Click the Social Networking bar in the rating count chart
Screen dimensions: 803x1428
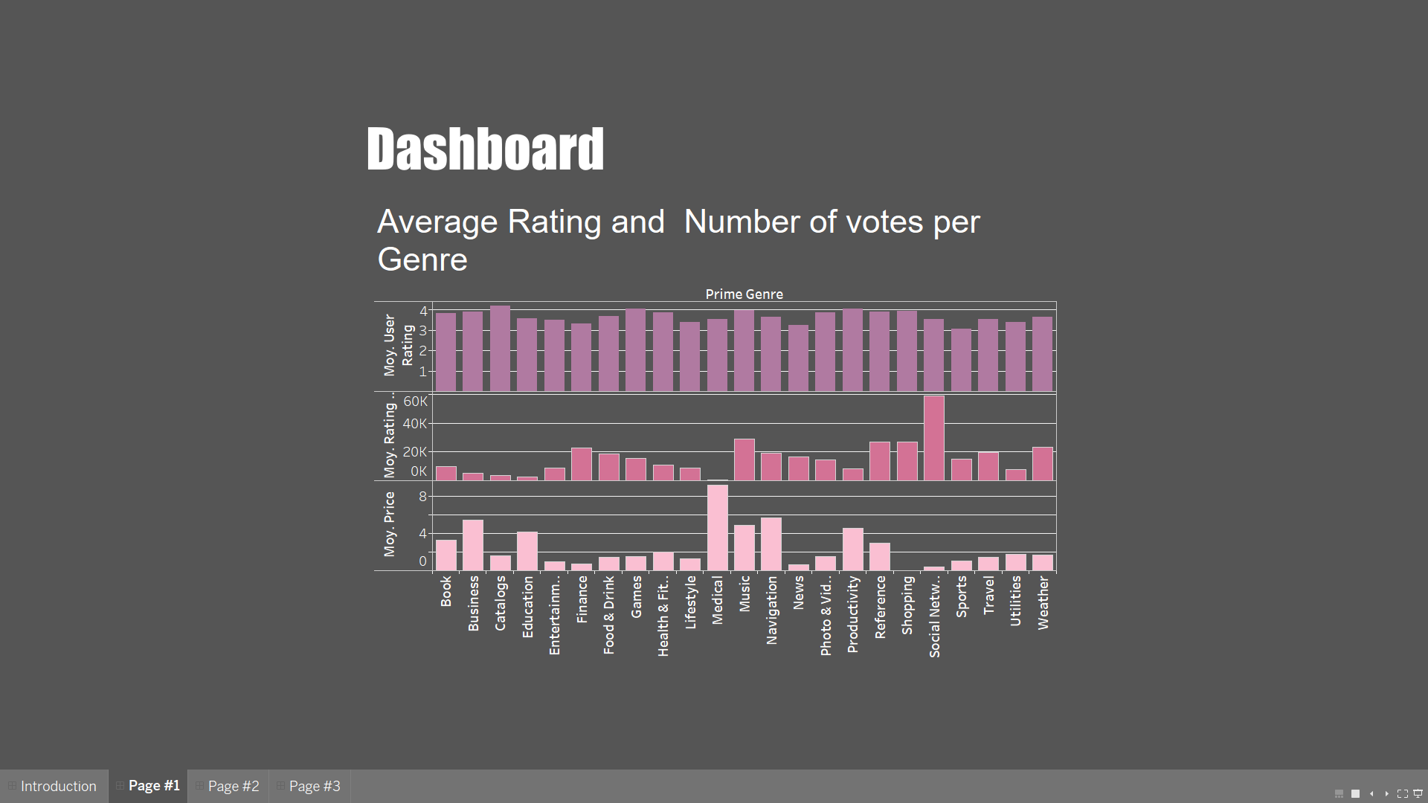point(933,438)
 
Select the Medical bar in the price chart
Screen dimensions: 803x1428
point(717,527)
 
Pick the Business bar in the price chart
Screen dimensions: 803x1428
point(473,545)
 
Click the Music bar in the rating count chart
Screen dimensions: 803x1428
point(744,459)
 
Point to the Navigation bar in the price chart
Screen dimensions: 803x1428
point(771,544)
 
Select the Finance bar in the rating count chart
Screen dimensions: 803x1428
point(582,464)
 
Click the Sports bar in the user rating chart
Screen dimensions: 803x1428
point(961,360)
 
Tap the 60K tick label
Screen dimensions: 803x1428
point(415,401)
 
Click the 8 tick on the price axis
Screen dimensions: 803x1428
point(422,496)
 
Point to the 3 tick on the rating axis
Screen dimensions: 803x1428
point(423,330)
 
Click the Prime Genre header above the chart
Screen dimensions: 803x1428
point(744,294)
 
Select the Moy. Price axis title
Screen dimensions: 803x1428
point(390,524)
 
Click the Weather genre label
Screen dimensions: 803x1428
point(1043,603)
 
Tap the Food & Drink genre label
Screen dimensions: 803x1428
point(608,615)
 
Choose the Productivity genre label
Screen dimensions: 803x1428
point(852,614)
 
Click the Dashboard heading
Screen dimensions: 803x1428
point(485,149)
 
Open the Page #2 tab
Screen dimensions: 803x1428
point(233,786)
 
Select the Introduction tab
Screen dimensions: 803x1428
point(58,786)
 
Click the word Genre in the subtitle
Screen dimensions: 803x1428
point(422,259)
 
